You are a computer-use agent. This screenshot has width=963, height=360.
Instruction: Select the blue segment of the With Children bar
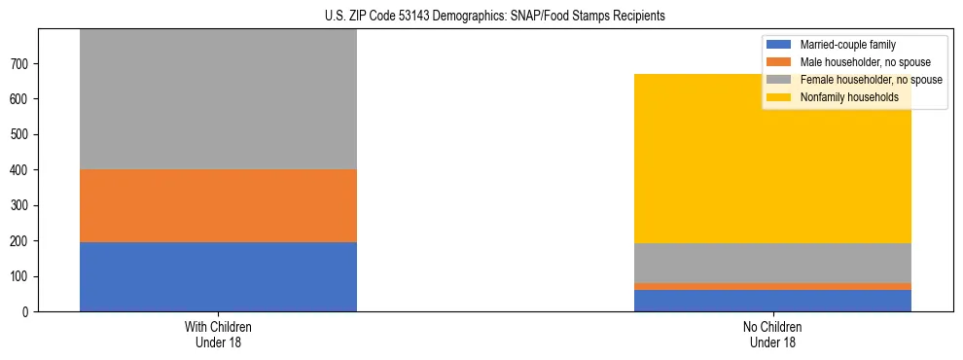[x=218, y=276]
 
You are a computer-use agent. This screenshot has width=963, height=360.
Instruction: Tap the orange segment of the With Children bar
[x=218, y=205]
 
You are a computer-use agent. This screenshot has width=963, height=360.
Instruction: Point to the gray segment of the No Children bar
[x=772, y=263]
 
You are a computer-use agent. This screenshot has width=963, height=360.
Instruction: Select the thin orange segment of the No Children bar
[x=772, y=286]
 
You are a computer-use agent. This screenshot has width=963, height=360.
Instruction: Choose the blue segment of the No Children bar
[x=772, y=301]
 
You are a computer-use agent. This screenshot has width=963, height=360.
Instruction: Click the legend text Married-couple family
[x=847, y=45]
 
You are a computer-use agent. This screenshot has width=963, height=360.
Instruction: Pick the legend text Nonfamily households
[x=848, y=97]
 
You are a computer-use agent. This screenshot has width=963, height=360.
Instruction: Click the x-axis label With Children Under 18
[x=218, y=334]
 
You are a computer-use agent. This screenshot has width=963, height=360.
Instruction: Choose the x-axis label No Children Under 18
[x=772, y=334]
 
